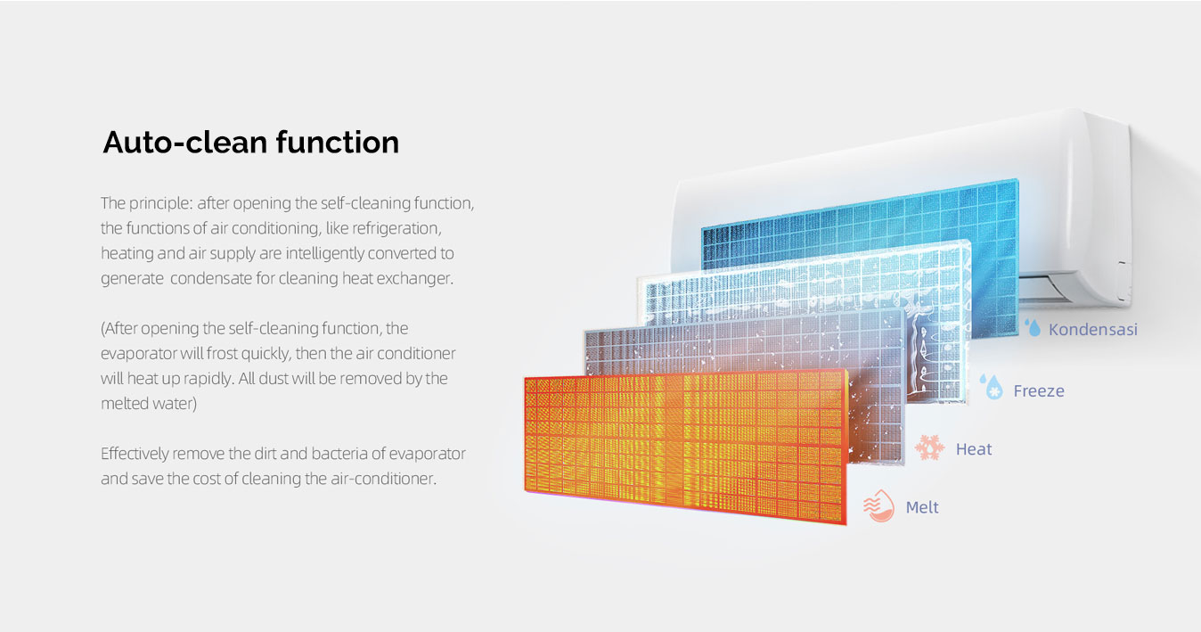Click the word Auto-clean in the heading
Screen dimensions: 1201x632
pyautogui.click(x=185, y=143)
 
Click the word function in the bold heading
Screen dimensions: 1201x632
pyautogui.click(x=338, y=142)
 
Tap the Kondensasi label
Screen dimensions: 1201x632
pyautogui.click(x=1092, y=330)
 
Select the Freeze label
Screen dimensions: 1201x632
pyautogui.click(x=1039, y=391)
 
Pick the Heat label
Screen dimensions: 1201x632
pyautogui.click(x=974, y=449)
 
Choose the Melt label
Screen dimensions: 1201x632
pyautogui.click(x=922, y=507)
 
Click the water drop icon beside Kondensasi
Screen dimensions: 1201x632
pyautogui.click(x=1034, y=328)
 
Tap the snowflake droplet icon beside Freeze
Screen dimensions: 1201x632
pyautogui.click(x=992, y=387)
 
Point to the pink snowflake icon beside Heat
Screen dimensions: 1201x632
pyautogui.click(x=929, y=447)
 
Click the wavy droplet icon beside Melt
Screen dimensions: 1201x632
pyautogui.click(x=878, y=505)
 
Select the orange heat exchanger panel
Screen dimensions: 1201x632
pyautogui.click(x=685, y=447)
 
